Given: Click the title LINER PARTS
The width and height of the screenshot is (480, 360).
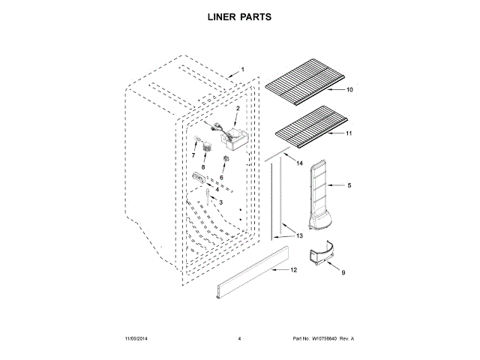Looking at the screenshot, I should pos(239,16).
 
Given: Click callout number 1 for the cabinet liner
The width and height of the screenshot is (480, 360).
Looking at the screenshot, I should pos(242,70).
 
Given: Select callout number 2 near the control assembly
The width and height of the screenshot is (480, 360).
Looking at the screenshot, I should pos(238,109).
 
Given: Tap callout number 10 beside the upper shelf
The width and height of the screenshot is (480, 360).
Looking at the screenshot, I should pos(349,90).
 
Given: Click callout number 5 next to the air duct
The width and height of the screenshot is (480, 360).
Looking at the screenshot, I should pos(349,184).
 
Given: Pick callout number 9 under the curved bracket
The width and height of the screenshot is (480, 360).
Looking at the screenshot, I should pos(343,274).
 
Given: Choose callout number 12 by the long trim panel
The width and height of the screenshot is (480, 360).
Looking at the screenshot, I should pos(293,269).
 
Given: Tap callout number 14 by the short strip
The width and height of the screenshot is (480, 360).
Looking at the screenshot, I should pos(298,163).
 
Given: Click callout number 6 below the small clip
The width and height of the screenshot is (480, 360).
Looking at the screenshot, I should pos(222,177).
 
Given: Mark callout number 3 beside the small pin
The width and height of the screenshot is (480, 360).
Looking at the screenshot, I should pos(221,202).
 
